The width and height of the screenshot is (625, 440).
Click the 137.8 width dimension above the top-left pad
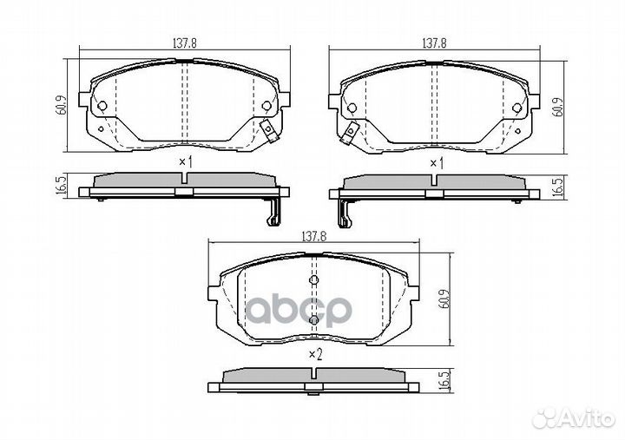[x=185, y=43]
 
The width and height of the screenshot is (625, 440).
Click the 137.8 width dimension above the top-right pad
[x=434, y=43]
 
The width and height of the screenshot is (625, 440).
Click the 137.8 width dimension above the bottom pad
[x=314, y=237]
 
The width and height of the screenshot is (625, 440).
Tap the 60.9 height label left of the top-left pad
[x=61, y=105]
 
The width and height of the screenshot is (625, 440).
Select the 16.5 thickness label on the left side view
[x=61, y=185]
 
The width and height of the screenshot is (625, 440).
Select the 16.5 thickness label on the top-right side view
[x=559, y=187]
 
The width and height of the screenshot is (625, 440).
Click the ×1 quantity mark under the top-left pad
[x=186, y=162]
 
